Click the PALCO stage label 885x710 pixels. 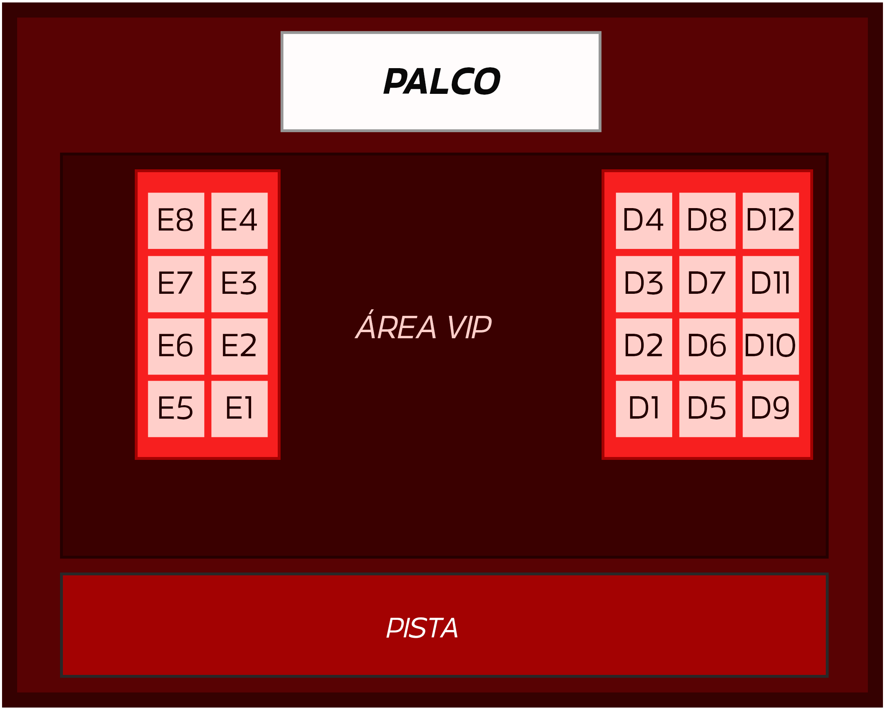coord(441,81)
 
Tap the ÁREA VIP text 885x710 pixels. coord(423,327)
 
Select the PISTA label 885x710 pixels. coord(422,628)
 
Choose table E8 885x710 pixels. coord(176,221)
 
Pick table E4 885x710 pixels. coord(239,221)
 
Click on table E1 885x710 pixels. coord(239,408)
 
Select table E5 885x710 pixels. coord(176,408)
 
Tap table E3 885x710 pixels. coord(239,284)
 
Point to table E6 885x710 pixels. coord(176,346)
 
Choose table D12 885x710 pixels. coord(771,221)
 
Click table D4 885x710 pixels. coord(644,221)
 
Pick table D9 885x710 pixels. coord(771,408)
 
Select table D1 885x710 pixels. coord(644,408)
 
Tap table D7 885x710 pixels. coord(707,284)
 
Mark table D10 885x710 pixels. coord(771,346)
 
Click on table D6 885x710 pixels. coord(707,346)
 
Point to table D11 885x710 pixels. coord(771,284)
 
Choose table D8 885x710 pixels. coord(707,221)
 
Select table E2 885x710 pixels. coord(239,346)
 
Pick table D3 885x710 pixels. coord(644,284)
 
